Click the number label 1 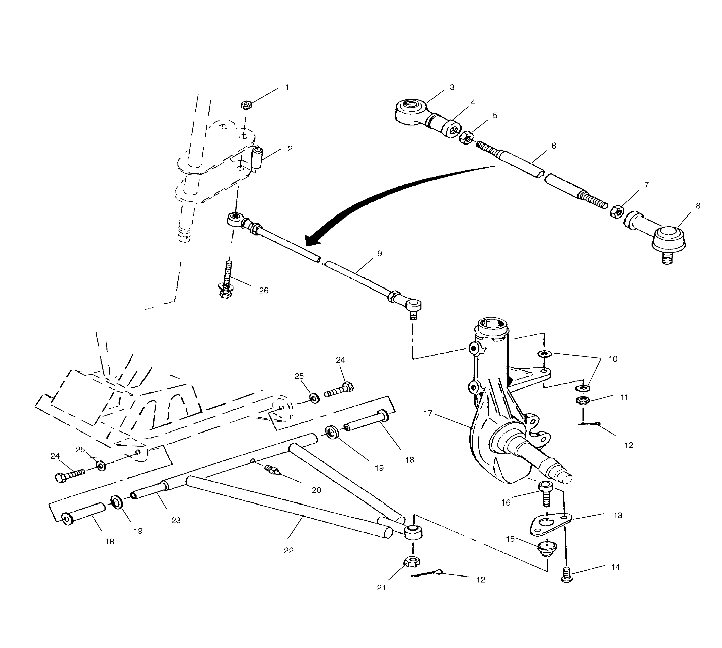(x=287, y=88)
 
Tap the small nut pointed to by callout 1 (x=246, y=105)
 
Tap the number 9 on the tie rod (x=380, y=253)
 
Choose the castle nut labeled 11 (x=583, y=401)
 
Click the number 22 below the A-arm (x=288, y=550)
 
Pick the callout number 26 (x=263, y=291)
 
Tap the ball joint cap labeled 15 (x=547, y=547)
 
